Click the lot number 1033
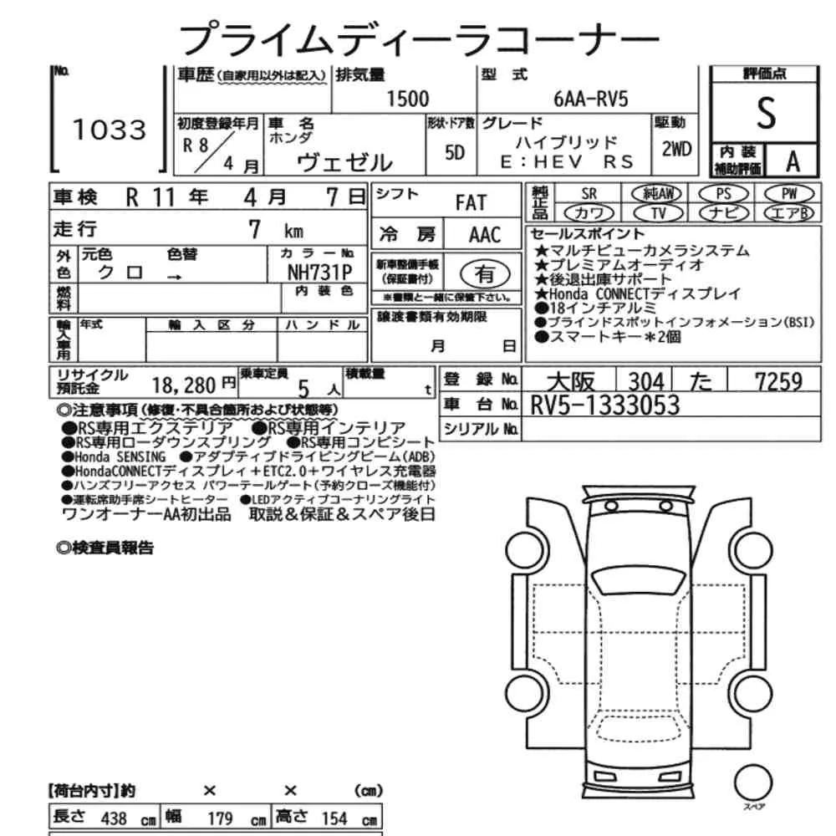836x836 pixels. pos(109,130)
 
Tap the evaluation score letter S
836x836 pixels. pos(766,113)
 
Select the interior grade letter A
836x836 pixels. pos(793,161)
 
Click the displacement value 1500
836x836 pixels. pos(407,99)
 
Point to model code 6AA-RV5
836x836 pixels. pos(591,99)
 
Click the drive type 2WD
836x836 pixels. pos(676,150)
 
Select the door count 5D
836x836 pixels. pos(455,153)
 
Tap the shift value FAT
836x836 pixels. pos(471,202)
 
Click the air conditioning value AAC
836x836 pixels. pos(485,235)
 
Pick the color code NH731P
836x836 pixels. pos(320,273)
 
